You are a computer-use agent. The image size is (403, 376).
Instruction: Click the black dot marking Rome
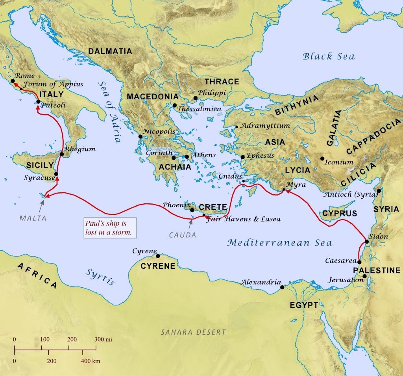[13, 80]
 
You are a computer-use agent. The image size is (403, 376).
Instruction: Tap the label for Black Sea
[328, 56]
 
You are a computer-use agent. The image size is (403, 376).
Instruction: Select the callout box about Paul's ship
[110, 228]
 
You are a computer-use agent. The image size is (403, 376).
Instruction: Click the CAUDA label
[183, 235]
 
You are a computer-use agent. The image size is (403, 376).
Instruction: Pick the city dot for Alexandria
[282, 287]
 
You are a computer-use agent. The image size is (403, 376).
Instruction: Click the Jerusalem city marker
[365, 276]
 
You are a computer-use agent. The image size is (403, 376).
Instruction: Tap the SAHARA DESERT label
[193, 332]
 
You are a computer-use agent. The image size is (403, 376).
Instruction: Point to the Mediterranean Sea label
[279, 243]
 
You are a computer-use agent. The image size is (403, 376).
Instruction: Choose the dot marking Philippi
[195, 98]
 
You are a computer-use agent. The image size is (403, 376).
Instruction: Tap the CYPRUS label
[340, 214]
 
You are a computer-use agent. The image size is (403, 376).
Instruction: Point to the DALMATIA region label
[110, 51]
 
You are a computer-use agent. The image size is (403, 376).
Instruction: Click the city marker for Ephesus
[243, 157]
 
